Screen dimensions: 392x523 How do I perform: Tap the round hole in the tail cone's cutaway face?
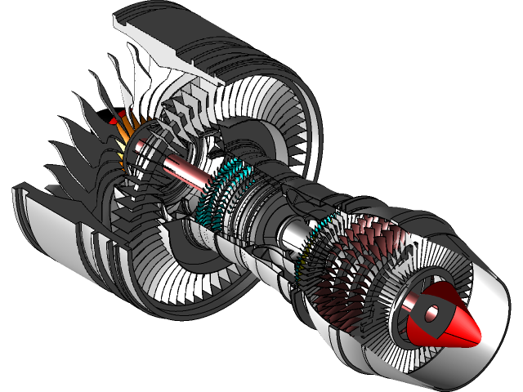431,311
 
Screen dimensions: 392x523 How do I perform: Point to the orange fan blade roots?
123,131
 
